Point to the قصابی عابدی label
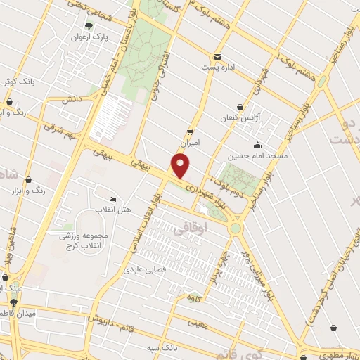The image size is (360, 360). pyautogui.click(x=145, y=269)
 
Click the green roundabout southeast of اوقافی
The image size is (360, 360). pyautogui.click(x=236, y=228)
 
